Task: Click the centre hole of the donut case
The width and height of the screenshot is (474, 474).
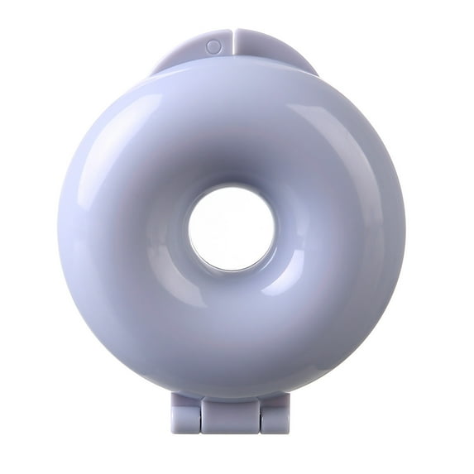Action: click(231, 228)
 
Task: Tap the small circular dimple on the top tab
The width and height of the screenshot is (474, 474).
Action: click(213, 47)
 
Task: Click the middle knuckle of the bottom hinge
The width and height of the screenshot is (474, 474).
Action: click(231, 414)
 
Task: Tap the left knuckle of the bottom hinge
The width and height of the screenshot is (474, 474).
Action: click(186, 414)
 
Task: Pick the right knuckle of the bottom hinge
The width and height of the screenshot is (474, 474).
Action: click(275, 414)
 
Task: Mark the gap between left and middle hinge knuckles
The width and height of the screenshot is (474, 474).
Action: click(202, 414)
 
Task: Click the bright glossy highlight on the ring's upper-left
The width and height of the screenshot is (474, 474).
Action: click(124, 132)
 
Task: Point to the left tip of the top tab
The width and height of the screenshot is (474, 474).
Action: click(154, 71)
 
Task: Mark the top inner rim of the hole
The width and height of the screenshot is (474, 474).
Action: click(231, 188)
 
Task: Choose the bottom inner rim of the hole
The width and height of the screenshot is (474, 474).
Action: click(231, 271)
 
